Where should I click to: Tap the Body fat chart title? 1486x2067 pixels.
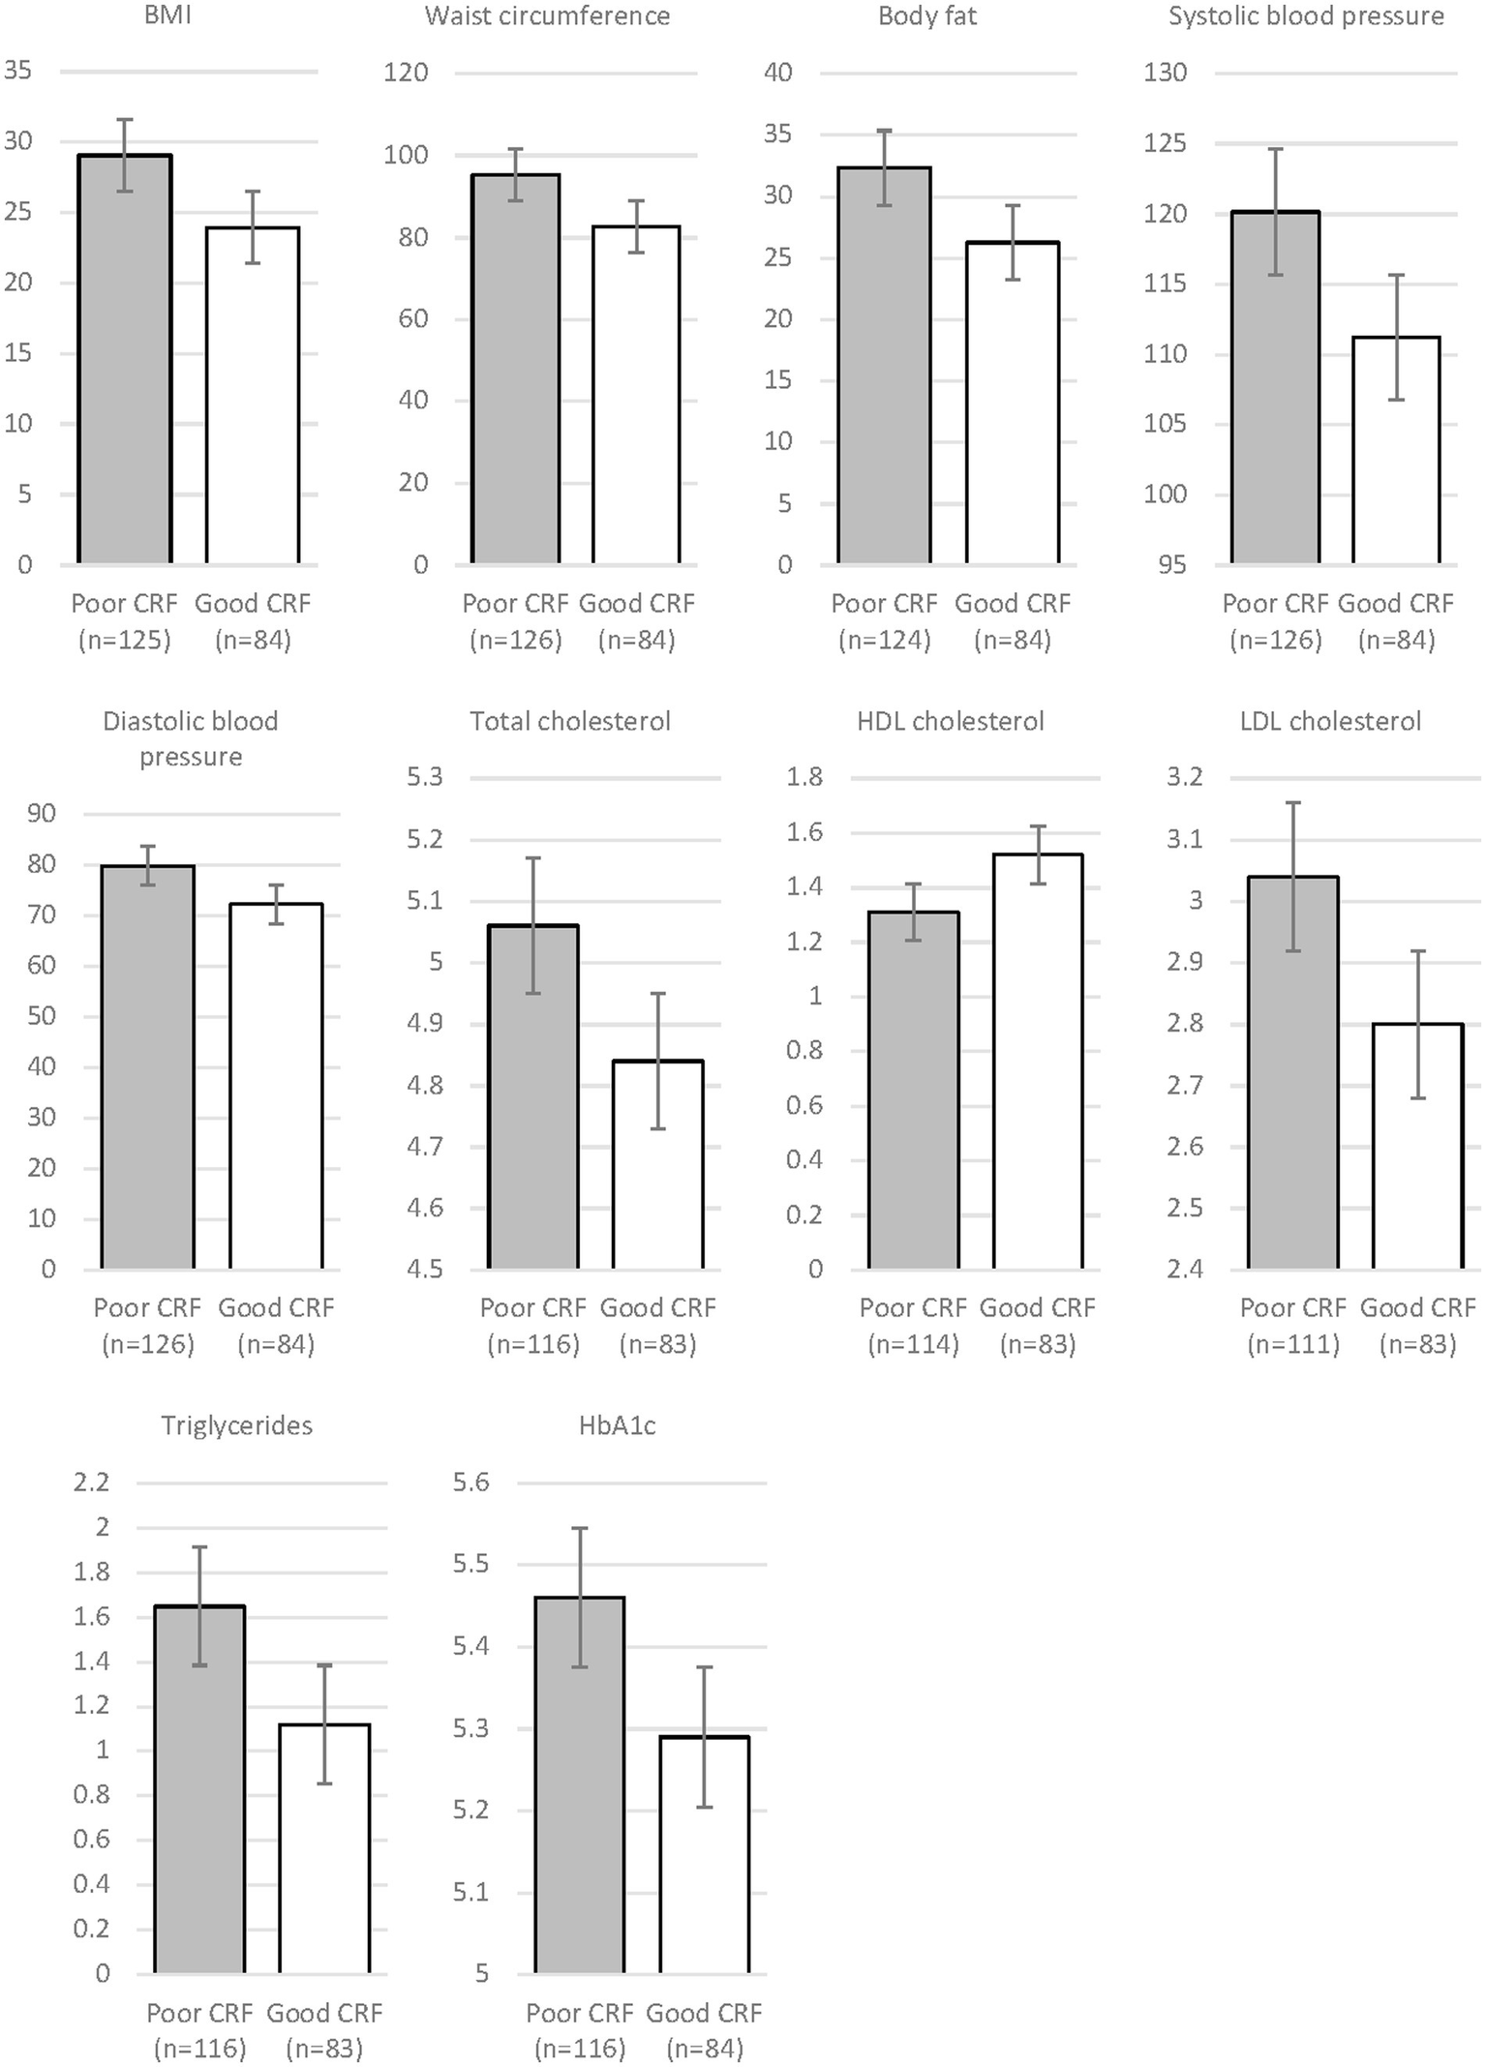coord(926,16)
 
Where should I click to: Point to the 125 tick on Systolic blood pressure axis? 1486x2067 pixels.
coord(1165,143)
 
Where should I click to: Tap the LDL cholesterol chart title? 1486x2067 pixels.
coord(1330,721)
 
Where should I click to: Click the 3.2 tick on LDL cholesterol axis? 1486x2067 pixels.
coord(1184,777)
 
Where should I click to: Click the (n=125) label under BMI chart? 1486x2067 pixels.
coord(124,640)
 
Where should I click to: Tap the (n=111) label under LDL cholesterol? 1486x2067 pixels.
coord(1293,1344)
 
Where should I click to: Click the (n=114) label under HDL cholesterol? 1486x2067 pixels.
coord(913,1344)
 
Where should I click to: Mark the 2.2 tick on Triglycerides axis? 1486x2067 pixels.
coord(91,1483)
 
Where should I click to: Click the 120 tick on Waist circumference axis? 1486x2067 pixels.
coord(406,73)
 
